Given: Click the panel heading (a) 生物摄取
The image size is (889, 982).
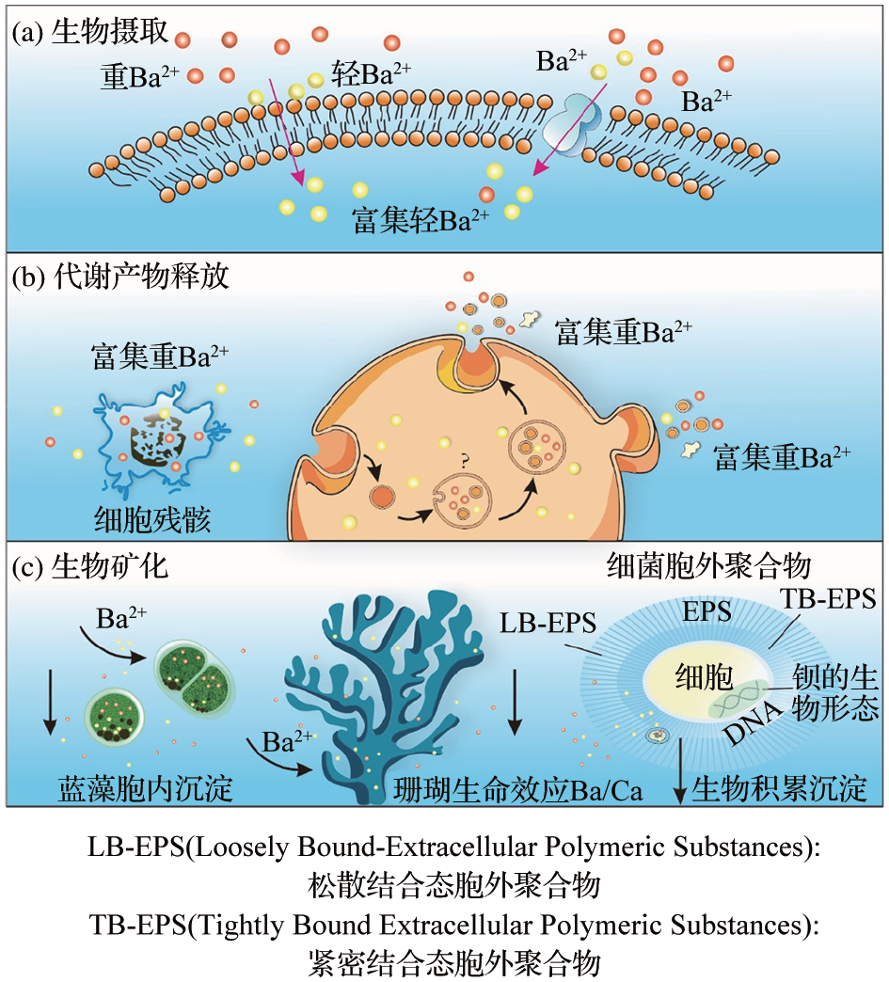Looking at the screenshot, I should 90,32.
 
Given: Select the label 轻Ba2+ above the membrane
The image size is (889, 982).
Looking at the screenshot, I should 371,74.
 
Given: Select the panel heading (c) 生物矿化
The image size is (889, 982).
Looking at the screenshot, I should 90,567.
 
